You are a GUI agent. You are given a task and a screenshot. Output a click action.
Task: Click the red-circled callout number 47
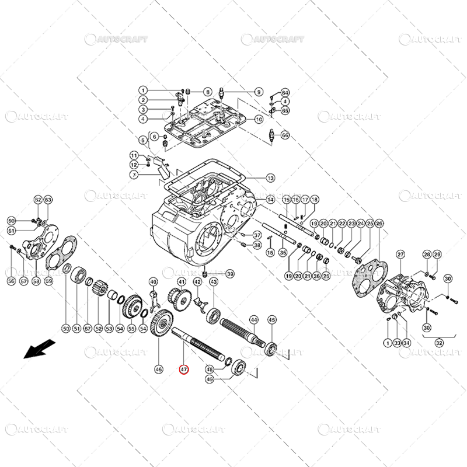coord(183,369)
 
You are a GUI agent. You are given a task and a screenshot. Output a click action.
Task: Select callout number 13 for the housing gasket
coord(270,177)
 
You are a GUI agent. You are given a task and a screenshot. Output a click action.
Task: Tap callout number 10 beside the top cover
coord(259,119)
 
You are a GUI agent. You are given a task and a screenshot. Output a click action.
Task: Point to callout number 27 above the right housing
coord(400,254)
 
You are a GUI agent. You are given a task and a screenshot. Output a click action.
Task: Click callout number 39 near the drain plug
coord(230,274)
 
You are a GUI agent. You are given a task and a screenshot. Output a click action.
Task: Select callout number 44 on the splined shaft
coord(253,319)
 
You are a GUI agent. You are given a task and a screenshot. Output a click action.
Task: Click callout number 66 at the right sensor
coord(285,135)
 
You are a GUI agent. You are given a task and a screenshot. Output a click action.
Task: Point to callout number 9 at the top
coord(259,92)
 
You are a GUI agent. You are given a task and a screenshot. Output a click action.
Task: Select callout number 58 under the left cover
coord(36,281)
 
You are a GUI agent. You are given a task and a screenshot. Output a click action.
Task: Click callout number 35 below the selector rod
coord(283,252)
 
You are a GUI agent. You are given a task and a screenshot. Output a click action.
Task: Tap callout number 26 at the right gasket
coord(379,224)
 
